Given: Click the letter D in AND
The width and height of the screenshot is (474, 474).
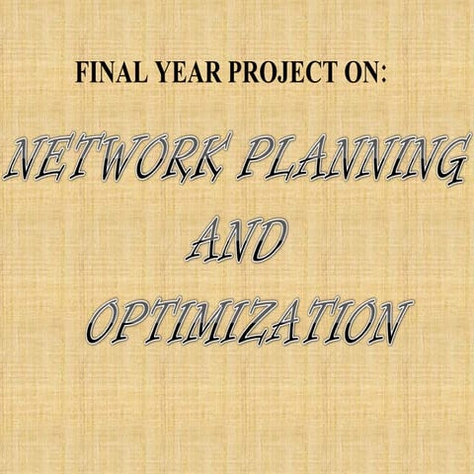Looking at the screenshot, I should click(x=272, y=241).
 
